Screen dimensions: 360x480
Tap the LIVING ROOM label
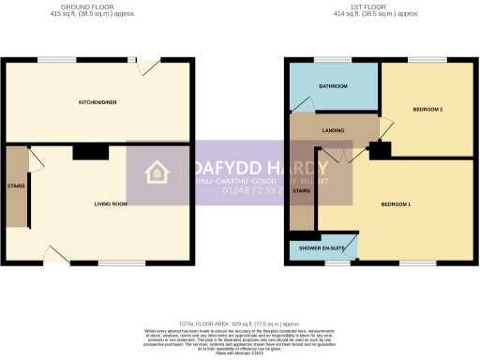pyautogui.click(x=111, y=203)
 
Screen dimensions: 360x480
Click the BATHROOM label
pyautogui.click(x=333, y=86)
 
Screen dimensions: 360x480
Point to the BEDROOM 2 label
pyautogui.click(x=427, y=110)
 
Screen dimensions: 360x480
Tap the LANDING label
pyautogui.click(x=332, y=130)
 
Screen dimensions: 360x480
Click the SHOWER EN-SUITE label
pyautogui.click(x=321, y=247)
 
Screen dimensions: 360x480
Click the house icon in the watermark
pyautogui.click(x=156, y=172)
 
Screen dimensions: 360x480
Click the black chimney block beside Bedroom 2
pyautogui.click(x=381, y=150)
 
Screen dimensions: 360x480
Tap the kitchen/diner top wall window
pyautogui.click(x=52, y=60)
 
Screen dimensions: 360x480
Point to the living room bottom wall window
pyautogui.click(x=114, y=262)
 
